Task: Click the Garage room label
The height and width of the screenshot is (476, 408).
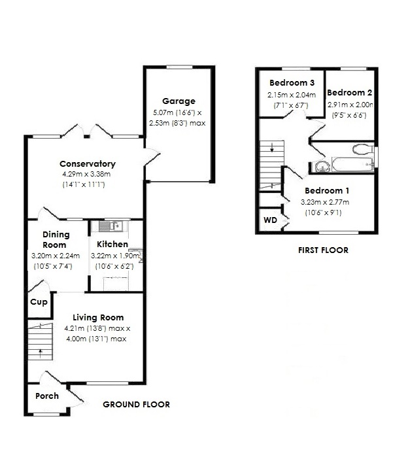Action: pos(178,101)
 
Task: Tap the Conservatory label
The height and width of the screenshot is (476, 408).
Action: pos(88,163)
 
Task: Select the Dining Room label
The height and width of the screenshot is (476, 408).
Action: pos(56,240)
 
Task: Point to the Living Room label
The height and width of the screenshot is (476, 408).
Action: pos(97,318)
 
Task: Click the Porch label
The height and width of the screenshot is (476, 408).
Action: pos(47,396)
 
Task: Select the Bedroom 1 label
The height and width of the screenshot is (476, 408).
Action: pos(327,191)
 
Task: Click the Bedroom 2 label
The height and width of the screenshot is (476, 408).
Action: pos(349,93)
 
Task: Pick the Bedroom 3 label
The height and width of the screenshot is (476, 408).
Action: pos(292,83)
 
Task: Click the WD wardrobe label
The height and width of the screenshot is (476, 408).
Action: pos(269,220)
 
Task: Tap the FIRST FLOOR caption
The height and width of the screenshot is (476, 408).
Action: pos(323,250)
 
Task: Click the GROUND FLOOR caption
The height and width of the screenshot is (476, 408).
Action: pos(137,405)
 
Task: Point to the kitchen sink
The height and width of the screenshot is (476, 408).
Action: pos(108,226)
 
